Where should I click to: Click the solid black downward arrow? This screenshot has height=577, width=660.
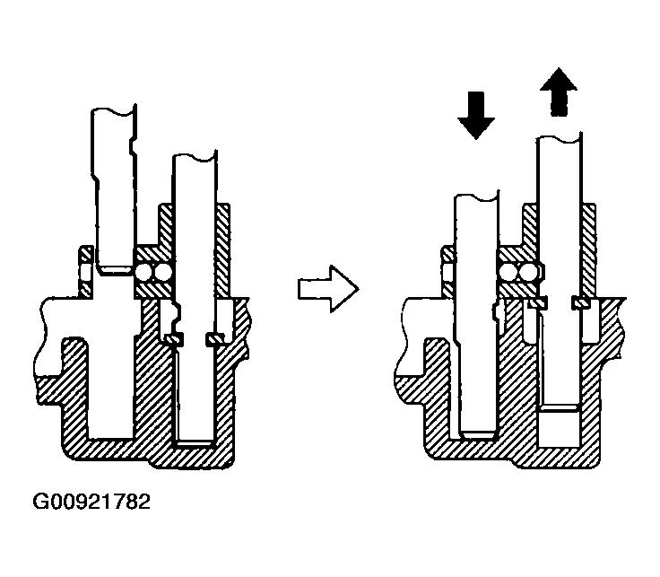point(476,114)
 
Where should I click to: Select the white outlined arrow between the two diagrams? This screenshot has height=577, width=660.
point(327,288)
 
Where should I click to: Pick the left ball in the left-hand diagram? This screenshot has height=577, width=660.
point(144,272)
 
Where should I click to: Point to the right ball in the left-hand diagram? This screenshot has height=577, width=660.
point(163,272)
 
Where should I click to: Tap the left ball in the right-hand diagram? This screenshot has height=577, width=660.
point(509,272)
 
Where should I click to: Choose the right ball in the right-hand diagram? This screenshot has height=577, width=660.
point(528,272)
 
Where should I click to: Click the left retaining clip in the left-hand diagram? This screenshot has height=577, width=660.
point(174,338)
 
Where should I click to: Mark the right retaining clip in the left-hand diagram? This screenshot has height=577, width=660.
point(215,338)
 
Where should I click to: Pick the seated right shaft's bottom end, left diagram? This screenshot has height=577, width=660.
point(195,441)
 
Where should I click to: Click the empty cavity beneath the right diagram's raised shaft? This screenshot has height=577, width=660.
point(560,428)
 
